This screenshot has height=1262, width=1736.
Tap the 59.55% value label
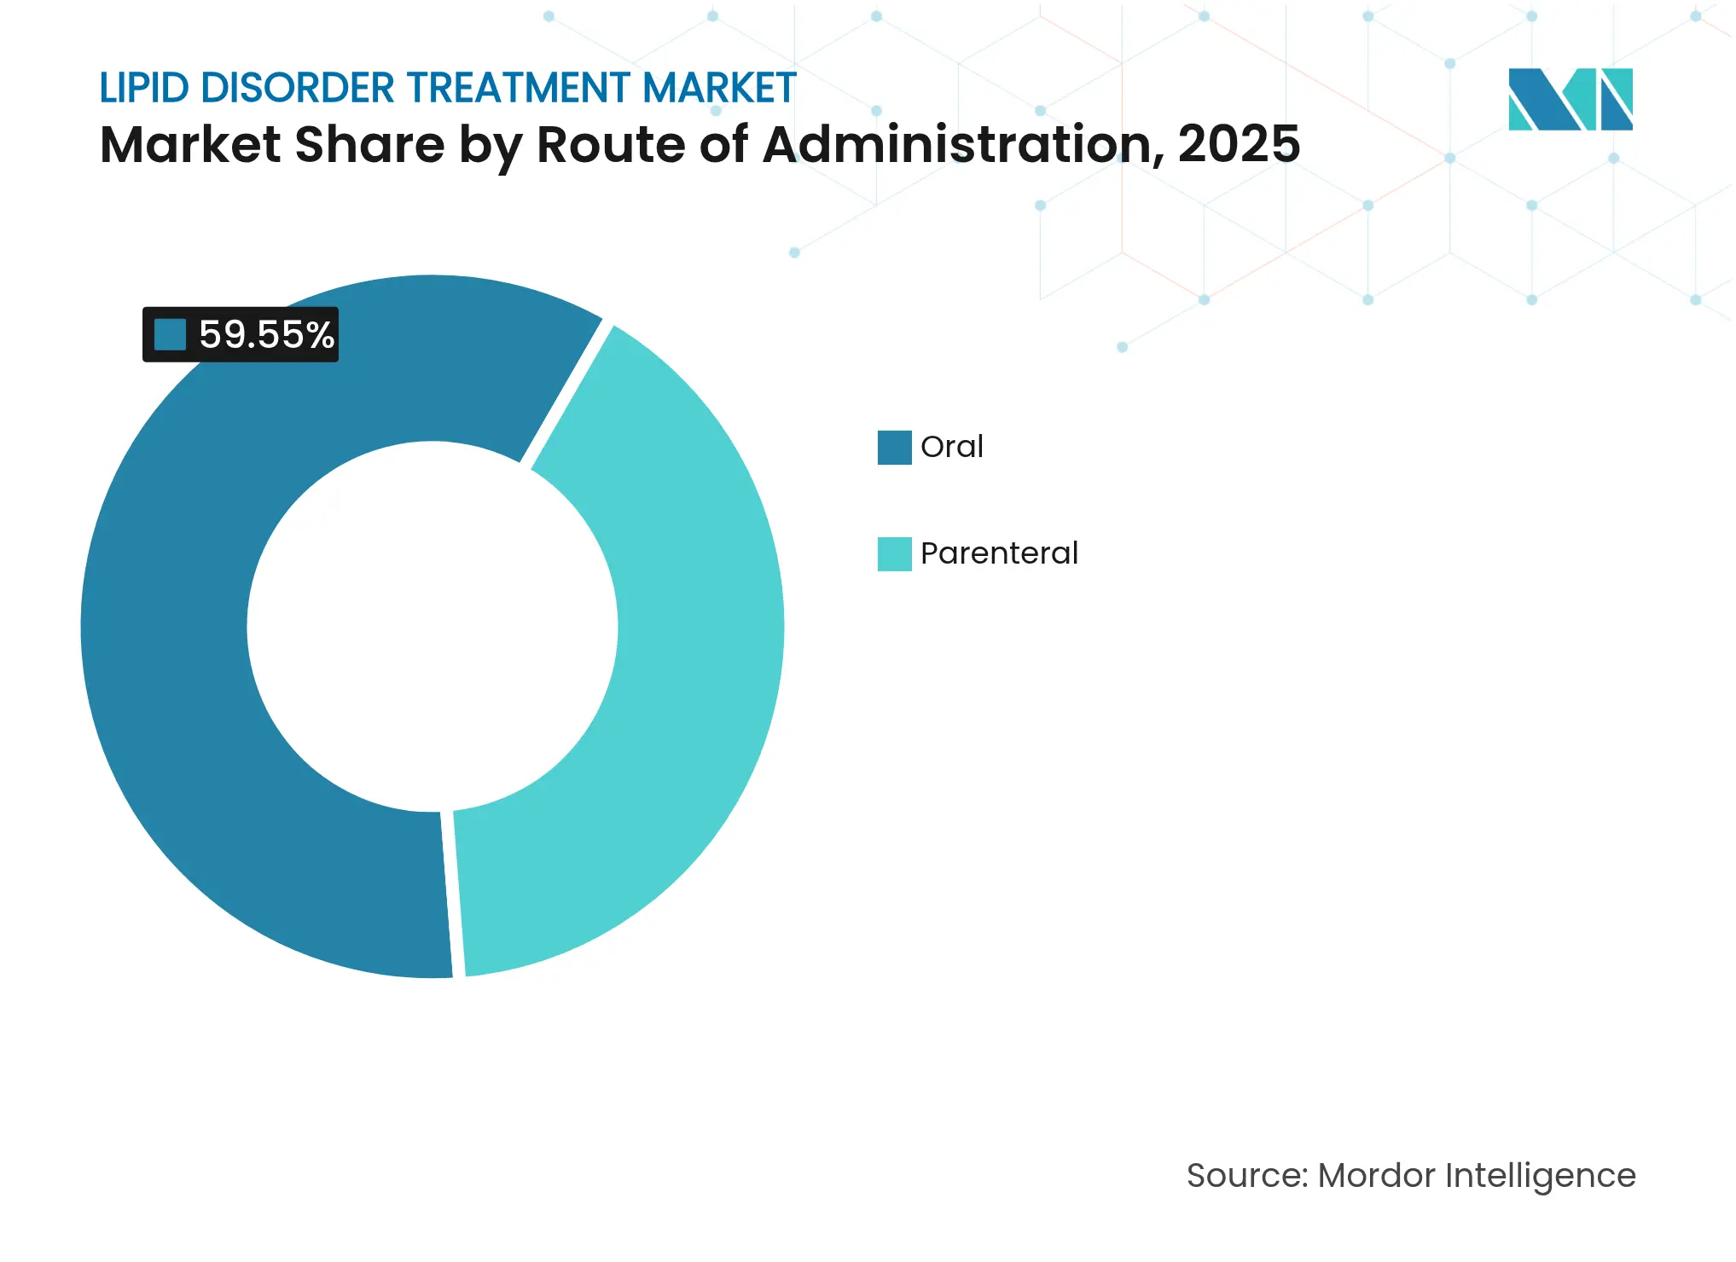(x=266, y=334)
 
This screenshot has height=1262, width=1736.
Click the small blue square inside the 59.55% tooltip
(x=170, y=334)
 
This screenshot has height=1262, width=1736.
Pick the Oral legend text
(x=951, y=447)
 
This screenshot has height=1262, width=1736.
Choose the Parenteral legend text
(x=999, y=553)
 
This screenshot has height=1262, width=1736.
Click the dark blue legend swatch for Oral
(x=894, y=448)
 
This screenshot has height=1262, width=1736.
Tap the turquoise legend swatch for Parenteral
(x=894, y=554)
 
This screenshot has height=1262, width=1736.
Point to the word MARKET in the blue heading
(x=719, y=89)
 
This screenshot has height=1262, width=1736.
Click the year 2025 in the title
(x=1239, y=145)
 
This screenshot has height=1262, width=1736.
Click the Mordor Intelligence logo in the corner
(x=1570, y=100)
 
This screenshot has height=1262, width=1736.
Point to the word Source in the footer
(x=1245, y=1176)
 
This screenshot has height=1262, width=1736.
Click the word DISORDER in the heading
(x=298, y=89)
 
